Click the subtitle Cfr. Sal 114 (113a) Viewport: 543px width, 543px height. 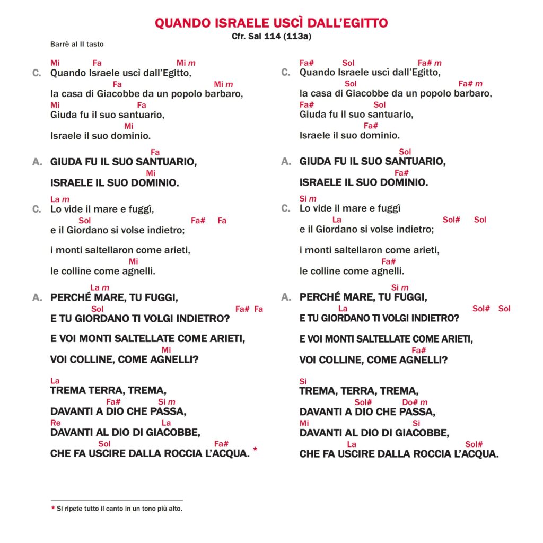[x=271, y=36]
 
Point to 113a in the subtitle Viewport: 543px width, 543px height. [x=297, y=36]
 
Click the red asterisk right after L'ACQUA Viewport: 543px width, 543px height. [x=255, y=450]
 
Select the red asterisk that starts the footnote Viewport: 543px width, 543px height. [x=52, y=509]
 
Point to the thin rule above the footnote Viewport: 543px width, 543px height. [x=117, y=500]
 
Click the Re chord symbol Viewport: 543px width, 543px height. [x=55, y=423]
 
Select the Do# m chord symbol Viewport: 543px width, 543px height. [x=415, y=402]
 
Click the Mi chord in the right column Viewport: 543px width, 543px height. [x=304, y=423]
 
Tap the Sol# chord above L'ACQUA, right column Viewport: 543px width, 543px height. [x=474, y=444]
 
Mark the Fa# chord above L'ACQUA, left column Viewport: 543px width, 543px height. [x=221, y=444]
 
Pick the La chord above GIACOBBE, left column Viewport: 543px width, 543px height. [x=166, y=423]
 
